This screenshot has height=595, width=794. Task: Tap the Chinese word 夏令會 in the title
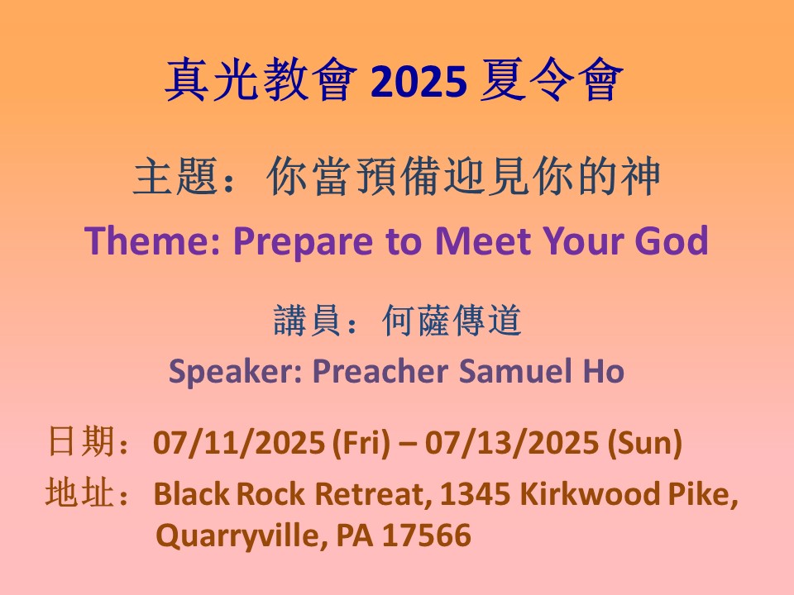pyautogui.click(x=552, y=80)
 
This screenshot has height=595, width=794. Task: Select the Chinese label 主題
pyautogui.click(x=175, y=176)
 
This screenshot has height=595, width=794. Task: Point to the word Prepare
pyautogui.click(x=304, y=242)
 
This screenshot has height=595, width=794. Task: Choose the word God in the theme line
pyautogui.click(x=672, y=240)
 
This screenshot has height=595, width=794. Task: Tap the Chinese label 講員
pyautogui.click(x=306, y=321)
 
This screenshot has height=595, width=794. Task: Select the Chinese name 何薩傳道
pyautogui.click(x=452, y=321)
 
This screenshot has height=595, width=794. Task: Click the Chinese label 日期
pyautogui.click(x=80, y=441)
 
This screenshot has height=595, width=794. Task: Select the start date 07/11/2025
pyautogui.click(x=238, y=443)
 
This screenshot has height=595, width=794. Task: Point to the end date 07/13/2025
pyautogui.click(x=511, y=443)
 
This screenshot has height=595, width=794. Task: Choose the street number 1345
pyautogui.click(x=475, y=494)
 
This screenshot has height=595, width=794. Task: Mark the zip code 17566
pyautogui.click(x=427, y=535)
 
